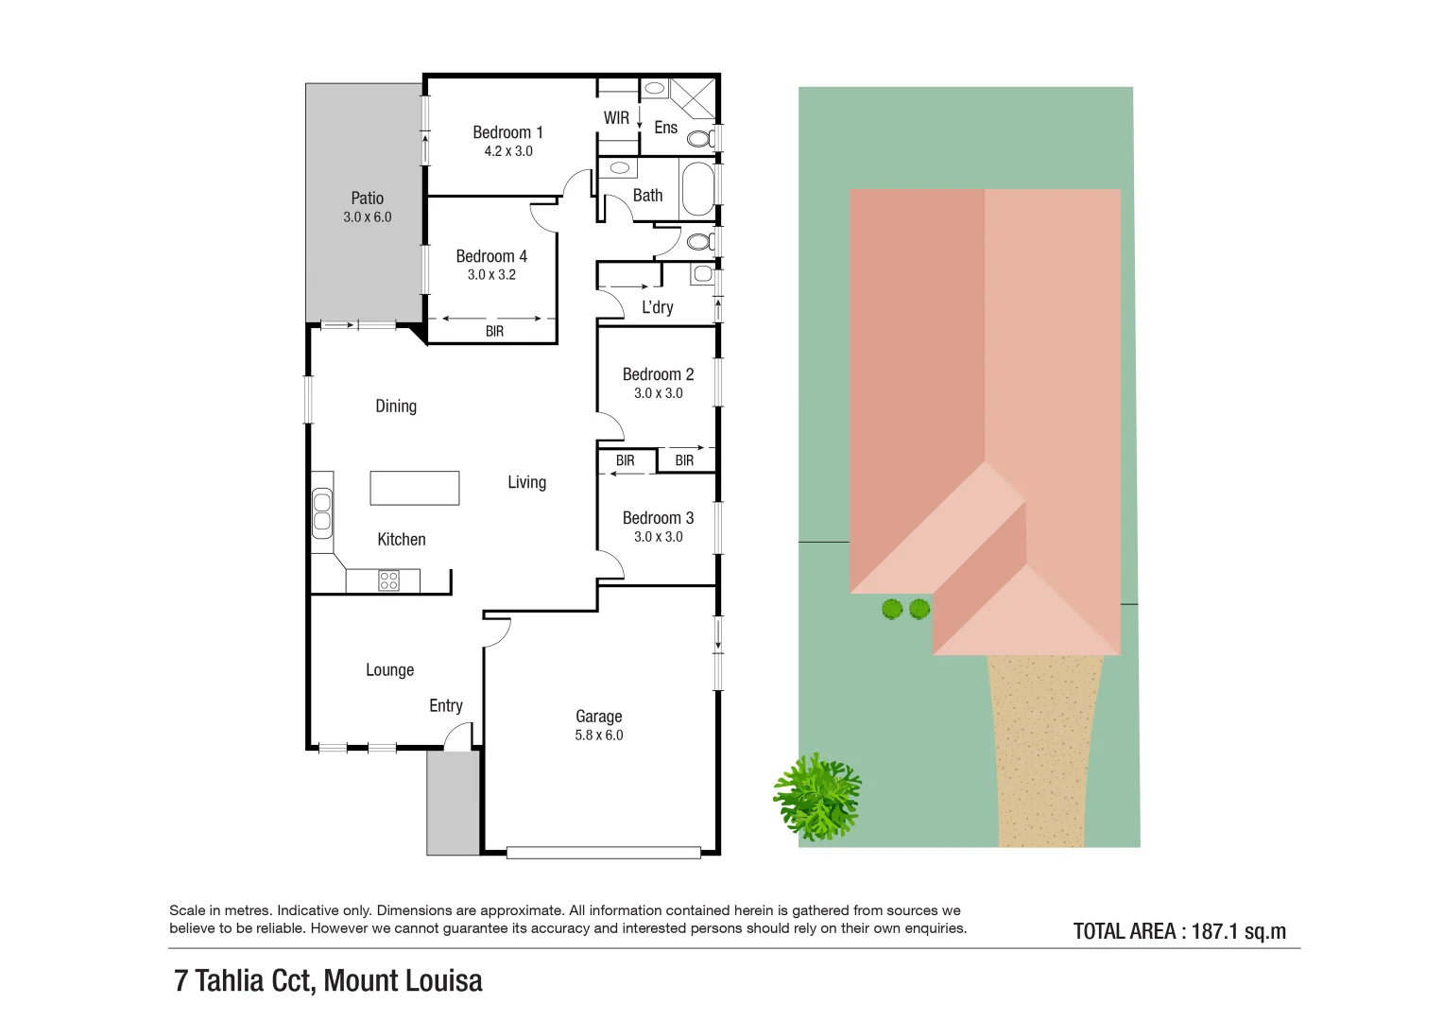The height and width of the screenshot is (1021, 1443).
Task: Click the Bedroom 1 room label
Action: [507, 132]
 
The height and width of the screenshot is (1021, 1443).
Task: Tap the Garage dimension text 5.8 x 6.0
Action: [599, 735]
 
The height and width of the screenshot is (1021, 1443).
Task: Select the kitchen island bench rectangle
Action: [414, 488]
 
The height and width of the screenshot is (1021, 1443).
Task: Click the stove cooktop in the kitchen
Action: [388, 580]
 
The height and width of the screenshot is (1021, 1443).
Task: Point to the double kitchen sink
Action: [322, 511]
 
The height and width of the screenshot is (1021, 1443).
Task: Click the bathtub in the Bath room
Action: [696, 190]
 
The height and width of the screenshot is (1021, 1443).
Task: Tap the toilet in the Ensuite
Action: [700, 139]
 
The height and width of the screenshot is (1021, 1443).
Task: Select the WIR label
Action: [616, 118]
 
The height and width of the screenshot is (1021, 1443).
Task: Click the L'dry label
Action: [658, 307]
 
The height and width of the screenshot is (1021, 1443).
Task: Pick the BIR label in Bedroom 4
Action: [494, 332]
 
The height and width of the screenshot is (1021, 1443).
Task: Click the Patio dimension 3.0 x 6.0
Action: [367, 217]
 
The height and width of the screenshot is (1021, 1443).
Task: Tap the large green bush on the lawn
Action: [817, 797]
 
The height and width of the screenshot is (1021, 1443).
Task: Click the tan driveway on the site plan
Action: [1043, 756]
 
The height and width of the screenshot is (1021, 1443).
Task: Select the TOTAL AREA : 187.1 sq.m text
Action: [1179, 931]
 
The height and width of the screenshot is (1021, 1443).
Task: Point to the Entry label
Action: [446, 706]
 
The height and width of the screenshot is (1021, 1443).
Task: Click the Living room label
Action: [526, 482]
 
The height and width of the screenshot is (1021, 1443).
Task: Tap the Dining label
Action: [396, 407]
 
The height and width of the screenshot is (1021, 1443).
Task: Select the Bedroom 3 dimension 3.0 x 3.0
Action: [658, 537]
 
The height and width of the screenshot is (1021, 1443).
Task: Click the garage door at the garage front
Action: [603, 853]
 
